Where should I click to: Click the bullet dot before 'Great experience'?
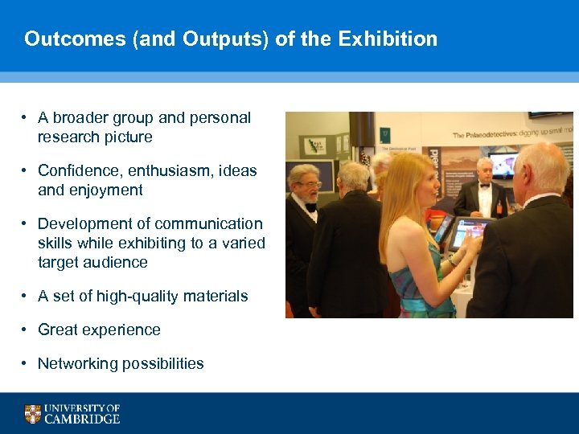pyautogui.click(x=27, y=330)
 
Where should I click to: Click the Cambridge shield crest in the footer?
pyautogui.click(x=33, y=413)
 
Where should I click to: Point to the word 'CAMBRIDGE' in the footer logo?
pyautogui.click(x=83, y=419)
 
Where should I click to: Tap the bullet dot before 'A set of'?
pyautogui.click(x=27, y=297)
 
